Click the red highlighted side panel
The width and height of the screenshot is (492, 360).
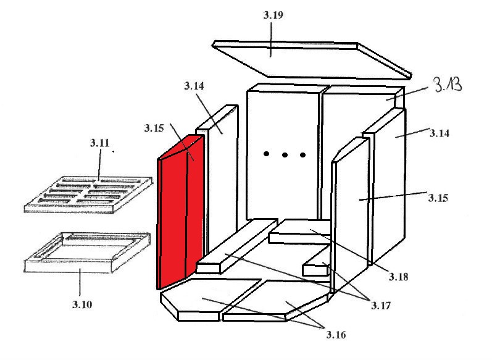[x=180, y=212]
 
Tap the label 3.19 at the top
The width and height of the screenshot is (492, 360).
[x=273, y=15]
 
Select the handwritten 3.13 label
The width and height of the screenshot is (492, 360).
[x=448, y=85]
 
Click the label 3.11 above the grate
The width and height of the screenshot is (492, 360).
[x=100, y=143]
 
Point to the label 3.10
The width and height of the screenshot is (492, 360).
[x=82, y=304]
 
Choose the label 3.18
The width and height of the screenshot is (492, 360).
[x=399, y=277]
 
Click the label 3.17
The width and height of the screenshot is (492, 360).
[x=381, y=306]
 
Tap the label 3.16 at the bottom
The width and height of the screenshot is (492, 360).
[x=336, y=335]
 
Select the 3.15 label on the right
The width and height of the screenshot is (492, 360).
[x=438, y=198]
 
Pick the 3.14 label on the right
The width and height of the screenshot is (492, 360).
[x=440, y=133]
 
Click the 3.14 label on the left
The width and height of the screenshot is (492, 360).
[x=194, y=86]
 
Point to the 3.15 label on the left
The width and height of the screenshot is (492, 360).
[x=154, y=128]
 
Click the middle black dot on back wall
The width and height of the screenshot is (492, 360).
[x=285, y=155]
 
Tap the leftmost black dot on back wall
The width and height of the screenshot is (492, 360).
[x=266, y=154]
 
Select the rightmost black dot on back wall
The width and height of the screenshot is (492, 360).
[x=303, y=155]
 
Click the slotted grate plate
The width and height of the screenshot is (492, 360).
[x=88, y=195]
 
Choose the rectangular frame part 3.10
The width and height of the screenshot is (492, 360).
[x=87, y=253]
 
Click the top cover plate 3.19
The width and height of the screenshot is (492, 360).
[x=312, y=60]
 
